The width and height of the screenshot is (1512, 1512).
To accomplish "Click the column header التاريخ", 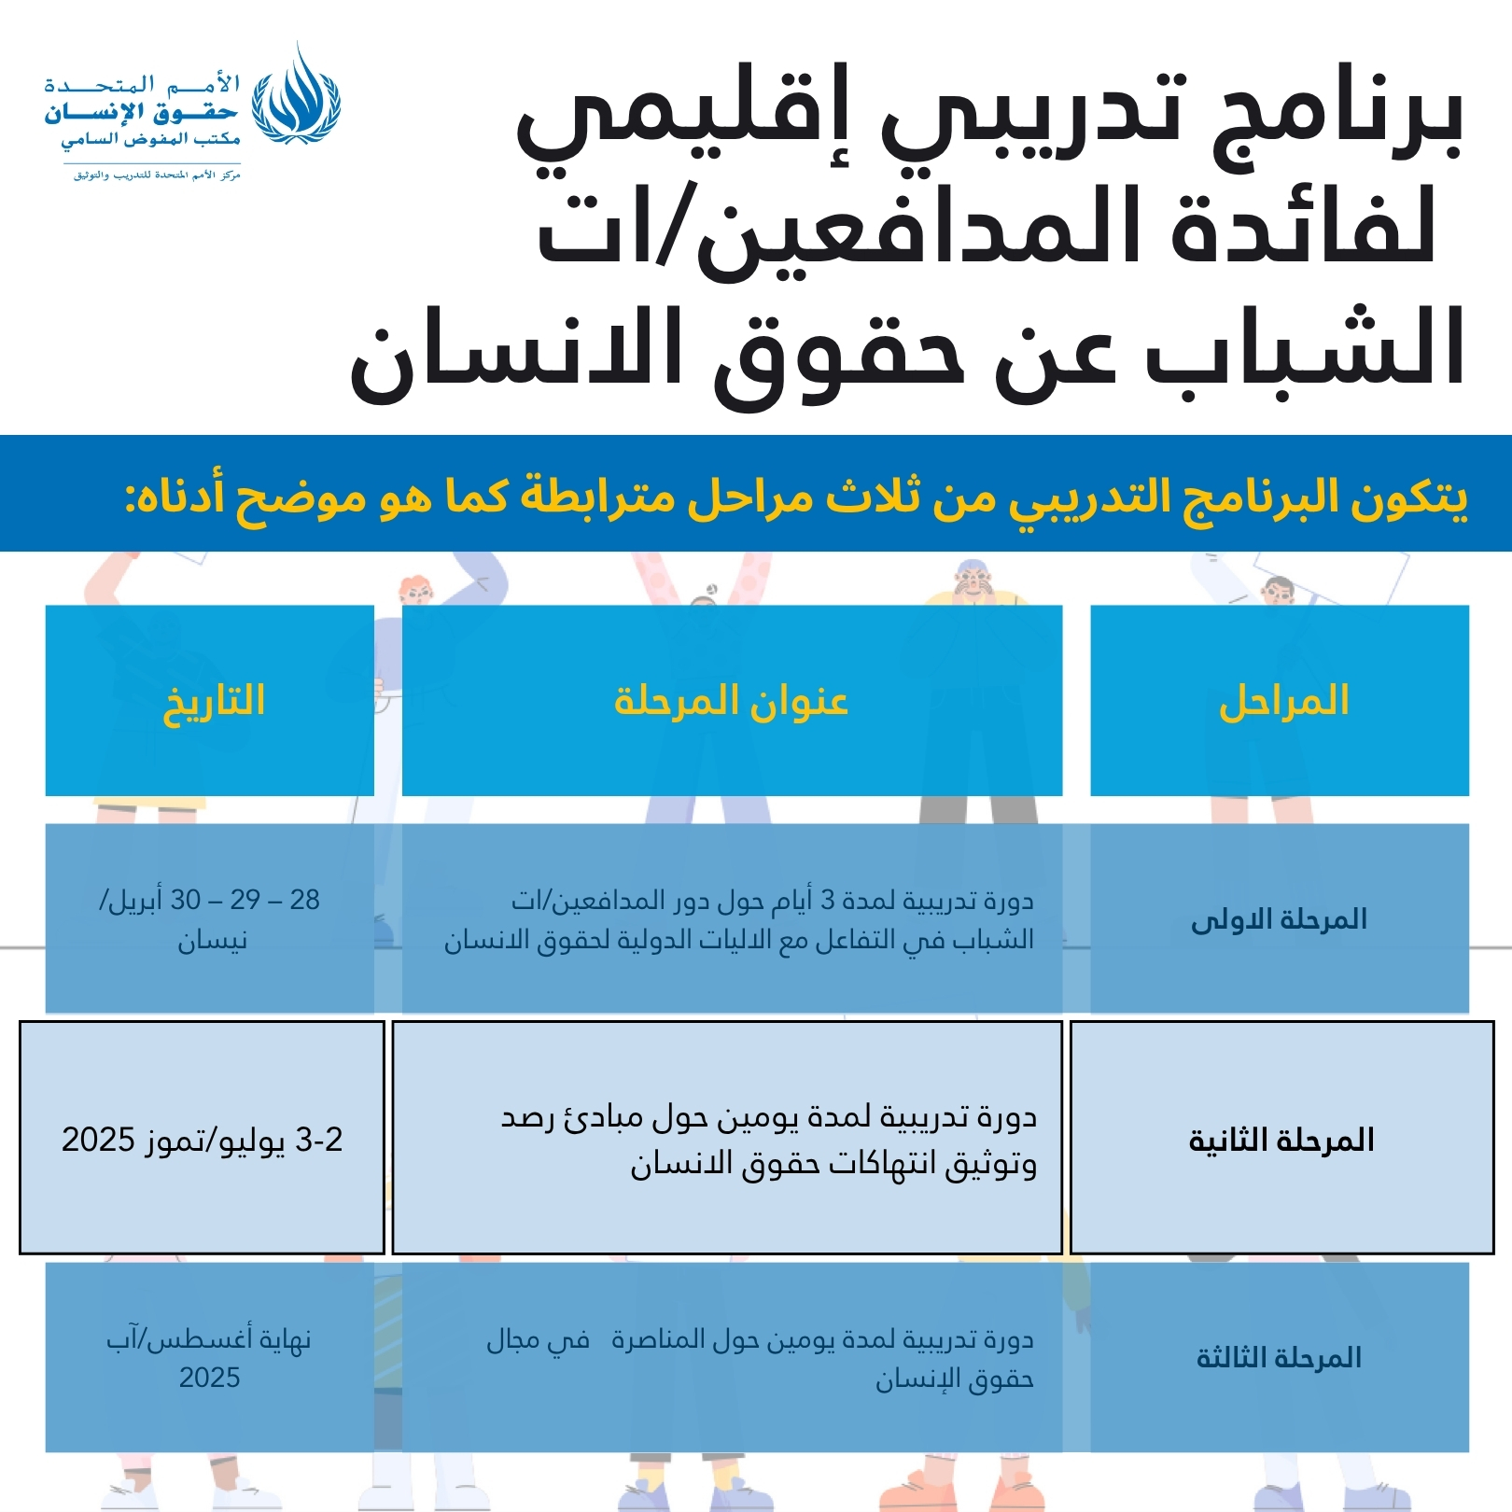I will coord(214,702).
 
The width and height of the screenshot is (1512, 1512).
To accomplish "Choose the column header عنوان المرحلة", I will coord(731,702).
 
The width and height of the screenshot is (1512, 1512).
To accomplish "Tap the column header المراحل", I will coord(1283,702).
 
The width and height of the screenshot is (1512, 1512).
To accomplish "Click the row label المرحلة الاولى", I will coord(1279,920).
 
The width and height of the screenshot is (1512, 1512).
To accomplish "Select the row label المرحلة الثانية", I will coord(1281,1140).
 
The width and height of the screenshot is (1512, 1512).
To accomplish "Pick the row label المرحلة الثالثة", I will coord(1279,1358).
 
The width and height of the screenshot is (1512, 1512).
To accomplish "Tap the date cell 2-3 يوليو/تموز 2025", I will coord(203,1140).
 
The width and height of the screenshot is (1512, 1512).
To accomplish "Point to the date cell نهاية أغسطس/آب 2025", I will coord(209,1358).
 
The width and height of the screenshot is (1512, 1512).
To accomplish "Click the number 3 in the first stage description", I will coord(827,901).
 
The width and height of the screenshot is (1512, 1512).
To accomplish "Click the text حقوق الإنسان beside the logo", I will coord(141,113).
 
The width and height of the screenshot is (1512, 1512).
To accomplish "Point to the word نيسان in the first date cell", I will coord(213,941).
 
